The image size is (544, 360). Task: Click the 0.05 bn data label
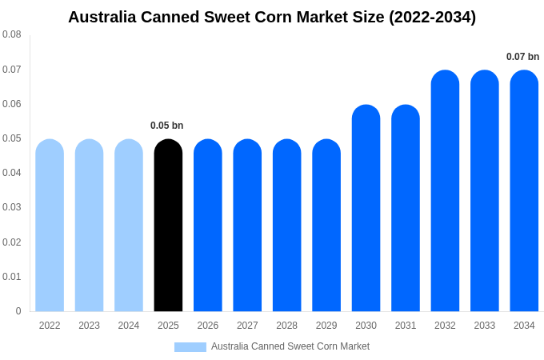(x=167, y=126)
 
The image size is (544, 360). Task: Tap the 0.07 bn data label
(x=522, y=57)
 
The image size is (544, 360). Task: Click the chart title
(x=272, y=17)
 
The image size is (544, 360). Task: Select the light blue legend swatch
(x=190, y=347)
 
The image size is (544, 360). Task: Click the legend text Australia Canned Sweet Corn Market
(x=290, y=346)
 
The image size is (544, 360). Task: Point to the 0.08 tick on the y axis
(x=12, y=34)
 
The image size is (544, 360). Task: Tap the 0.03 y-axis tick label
(x=12, y=207)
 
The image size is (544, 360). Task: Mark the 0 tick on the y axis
(x=18, y=311)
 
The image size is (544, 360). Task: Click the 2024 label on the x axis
(x=129, y=326)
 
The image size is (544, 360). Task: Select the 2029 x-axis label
(x=326, y=326)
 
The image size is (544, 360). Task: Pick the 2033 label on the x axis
(x=485, y=326)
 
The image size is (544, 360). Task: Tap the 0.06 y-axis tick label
(x=12, y=104)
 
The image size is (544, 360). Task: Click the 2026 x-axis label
(x=208, y=326)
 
